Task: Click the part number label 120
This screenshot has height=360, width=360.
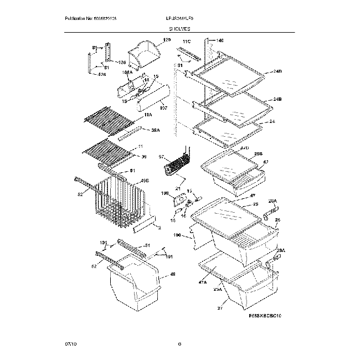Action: click(x=167, y=40)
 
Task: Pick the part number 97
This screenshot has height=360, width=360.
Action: click(x=162, y=158)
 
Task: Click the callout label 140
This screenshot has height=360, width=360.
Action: click(x=219, y=40)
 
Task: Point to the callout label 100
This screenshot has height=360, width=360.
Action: click(x=177, y=235)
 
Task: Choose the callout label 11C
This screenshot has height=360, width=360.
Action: click(x=187, y=42)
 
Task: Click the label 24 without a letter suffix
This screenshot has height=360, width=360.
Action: click(x=272, y=121)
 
